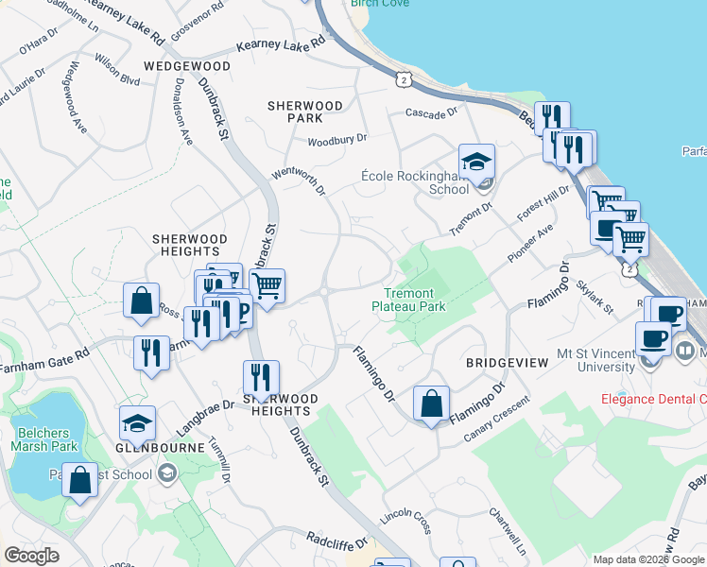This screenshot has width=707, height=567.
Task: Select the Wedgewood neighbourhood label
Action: [187, 67]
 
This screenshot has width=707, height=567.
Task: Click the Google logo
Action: [31, 556]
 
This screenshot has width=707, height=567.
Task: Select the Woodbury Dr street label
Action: [336, 140]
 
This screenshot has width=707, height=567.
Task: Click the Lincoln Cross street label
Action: [405, 520]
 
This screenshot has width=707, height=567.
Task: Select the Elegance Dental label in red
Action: [654, 399]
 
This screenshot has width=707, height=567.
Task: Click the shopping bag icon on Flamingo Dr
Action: [431, 404]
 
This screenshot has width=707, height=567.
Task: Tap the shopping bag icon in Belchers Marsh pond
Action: [82, 478]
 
